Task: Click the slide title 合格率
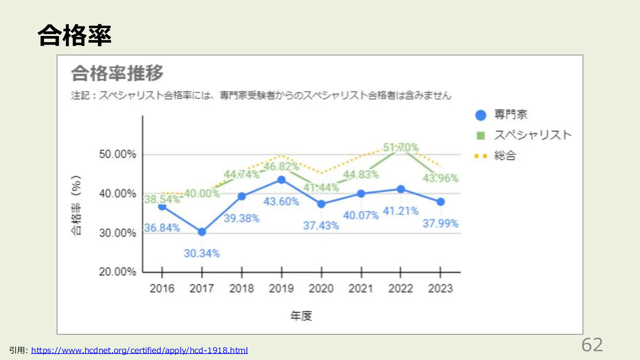74,36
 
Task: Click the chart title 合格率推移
117,73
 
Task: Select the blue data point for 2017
202,232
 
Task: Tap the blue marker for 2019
282,180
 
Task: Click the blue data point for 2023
441,202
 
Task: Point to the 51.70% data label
401,147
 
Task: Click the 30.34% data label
202,253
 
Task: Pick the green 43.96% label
440,178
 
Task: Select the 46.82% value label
281,167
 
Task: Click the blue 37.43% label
321,225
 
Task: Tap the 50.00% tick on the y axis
117,154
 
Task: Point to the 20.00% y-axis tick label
117,272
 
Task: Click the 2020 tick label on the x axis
321,288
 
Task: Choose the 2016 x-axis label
162,288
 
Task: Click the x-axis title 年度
301,316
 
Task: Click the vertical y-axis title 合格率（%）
76,205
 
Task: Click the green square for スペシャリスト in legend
481,136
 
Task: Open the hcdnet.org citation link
139,350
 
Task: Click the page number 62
592,345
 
